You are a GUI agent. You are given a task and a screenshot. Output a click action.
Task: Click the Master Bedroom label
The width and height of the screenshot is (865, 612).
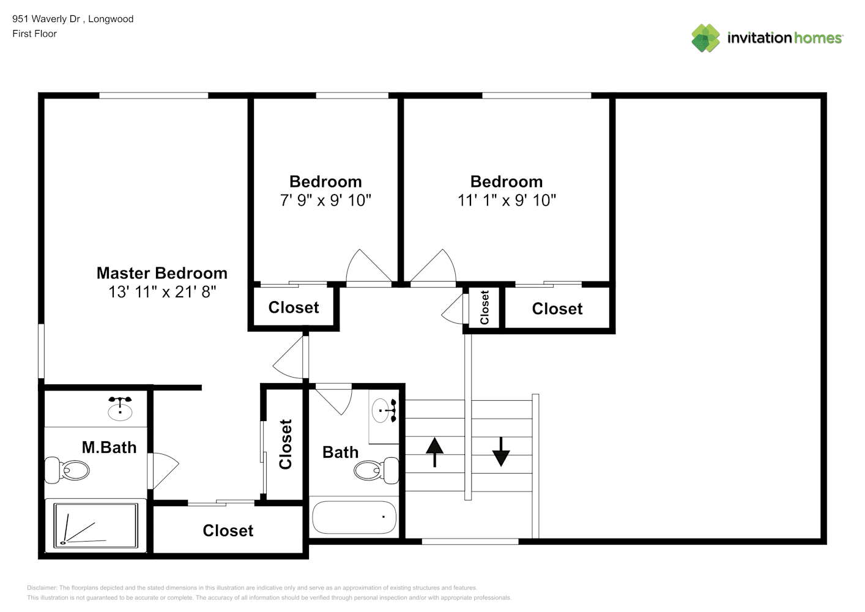tap(162, 273)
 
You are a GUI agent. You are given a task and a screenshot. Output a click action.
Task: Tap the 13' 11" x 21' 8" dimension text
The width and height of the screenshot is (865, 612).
tap(162, 292)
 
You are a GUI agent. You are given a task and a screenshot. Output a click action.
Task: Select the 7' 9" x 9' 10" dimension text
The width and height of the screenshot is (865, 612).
tap(325, 200)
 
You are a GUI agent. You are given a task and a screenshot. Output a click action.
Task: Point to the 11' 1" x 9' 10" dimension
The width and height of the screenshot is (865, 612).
tap(507, 200)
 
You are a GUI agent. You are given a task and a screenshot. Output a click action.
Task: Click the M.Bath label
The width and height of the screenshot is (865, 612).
tap(109, 447)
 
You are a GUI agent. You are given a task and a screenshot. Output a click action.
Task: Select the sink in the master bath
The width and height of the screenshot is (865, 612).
tap(120, 408)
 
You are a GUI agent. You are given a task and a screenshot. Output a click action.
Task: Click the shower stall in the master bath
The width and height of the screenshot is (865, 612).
tap(95, 525)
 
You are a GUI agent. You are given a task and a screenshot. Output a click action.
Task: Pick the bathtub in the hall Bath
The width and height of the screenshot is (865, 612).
tap(354, 518)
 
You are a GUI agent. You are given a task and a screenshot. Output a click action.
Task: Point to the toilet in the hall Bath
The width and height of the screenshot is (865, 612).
tap(375, 470)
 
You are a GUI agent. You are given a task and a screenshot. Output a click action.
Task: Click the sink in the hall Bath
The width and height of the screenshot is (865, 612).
tap(384, 410)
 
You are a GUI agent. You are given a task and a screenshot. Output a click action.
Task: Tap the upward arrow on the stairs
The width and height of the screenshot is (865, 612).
tap(434, 452)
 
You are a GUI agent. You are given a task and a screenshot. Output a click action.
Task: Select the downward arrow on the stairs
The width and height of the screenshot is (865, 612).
tap(501, 452)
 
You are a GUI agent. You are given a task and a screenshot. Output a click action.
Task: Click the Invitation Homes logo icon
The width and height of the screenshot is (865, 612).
tap(705, 38)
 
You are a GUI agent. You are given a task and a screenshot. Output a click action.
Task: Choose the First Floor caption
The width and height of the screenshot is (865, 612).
tap(34, 34)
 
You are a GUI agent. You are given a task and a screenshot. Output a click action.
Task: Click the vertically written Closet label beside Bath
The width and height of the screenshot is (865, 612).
tap(286, 444)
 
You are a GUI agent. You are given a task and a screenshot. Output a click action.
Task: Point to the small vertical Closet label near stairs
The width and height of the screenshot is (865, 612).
tap(484, 308)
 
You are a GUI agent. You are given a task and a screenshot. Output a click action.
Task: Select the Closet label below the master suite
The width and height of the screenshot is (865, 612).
tap(228, 531)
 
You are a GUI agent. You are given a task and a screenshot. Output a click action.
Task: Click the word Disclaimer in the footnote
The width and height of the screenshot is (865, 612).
tap(42, 588)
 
